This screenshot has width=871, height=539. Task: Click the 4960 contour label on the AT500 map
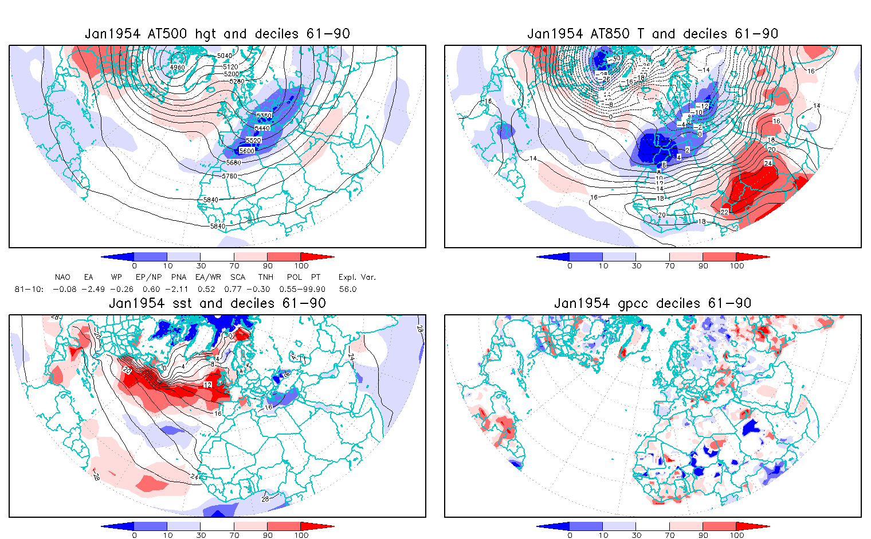tap(178, 67)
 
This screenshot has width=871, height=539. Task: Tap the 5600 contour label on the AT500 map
tap(246, 151)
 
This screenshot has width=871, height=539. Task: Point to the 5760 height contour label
tap(229, 176)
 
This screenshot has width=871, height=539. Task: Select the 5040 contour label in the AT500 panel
tap(225, 56)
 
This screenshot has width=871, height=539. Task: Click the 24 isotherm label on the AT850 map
tap(768, 163)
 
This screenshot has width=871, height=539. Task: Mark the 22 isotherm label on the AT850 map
tap(724, 212)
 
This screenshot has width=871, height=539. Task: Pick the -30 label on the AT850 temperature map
tap(615, 58)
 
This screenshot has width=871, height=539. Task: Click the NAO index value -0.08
tap(64, 289)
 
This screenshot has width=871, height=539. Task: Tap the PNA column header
tap(179, 277)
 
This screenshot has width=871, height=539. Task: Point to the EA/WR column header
tap(205, 277)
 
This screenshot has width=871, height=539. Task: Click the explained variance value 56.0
tap(347, 289)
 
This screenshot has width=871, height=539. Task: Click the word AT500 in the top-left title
tap(167, 34)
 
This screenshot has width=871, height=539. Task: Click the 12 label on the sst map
tap(207, 385)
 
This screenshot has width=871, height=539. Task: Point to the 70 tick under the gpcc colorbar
tap(670, 535)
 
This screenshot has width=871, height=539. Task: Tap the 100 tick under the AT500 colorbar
tap(301, 265)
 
